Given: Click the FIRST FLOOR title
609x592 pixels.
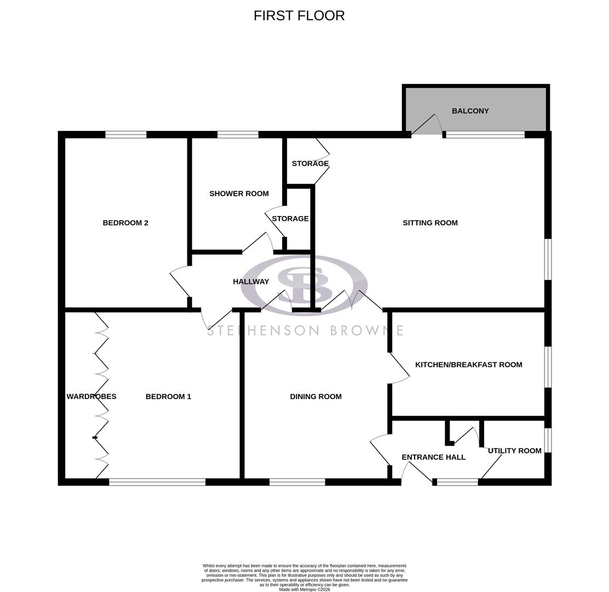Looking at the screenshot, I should coord(299,16).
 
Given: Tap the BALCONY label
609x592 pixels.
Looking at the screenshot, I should coord(470,111).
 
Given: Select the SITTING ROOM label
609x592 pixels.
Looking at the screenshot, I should coord(430,223).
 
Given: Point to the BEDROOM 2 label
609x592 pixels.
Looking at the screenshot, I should coord(125,223).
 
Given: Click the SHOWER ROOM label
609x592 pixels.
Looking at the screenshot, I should coord(239,193).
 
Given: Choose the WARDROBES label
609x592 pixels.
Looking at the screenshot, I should coord(91,396).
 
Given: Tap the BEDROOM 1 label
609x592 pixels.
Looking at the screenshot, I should coord(168,396).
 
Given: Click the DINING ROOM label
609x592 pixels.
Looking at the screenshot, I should coord(315,396).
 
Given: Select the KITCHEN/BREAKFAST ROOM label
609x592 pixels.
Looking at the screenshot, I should coord(468,365).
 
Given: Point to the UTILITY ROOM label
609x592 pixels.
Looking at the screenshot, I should coord(514,451).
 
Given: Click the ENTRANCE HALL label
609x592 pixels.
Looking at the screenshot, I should coord(433,457).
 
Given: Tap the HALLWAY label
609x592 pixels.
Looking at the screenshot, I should coord(251,282).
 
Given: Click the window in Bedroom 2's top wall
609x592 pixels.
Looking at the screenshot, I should coord(126,134).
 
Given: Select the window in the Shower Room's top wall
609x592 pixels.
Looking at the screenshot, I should coord(238,134).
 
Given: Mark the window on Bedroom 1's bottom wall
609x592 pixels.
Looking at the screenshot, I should coord(157,482).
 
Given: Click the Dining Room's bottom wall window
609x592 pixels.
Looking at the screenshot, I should coord(297,482).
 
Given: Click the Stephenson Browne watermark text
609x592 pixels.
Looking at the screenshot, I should coord(304,330).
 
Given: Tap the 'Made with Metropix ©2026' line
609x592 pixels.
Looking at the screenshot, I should coord(304,589).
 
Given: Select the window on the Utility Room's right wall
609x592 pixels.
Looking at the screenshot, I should coord(548,440).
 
